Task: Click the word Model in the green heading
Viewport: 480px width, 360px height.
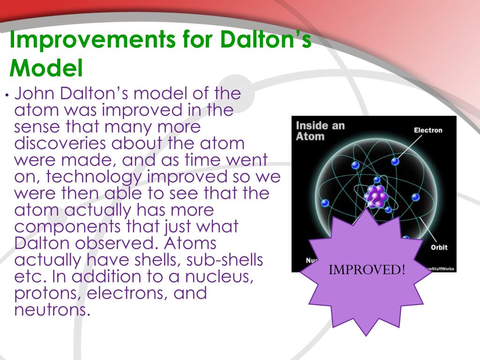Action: pos(46,68)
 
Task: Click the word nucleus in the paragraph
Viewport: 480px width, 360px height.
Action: pos(221,277)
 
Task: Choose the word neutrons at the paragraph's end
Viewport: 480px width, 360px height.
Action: pos(52,310)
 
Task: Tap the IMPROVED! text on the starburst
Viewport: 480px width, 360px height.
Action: pos(367,270)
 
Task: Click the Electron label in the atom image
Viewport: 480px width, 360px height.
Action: pos(427,130)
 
